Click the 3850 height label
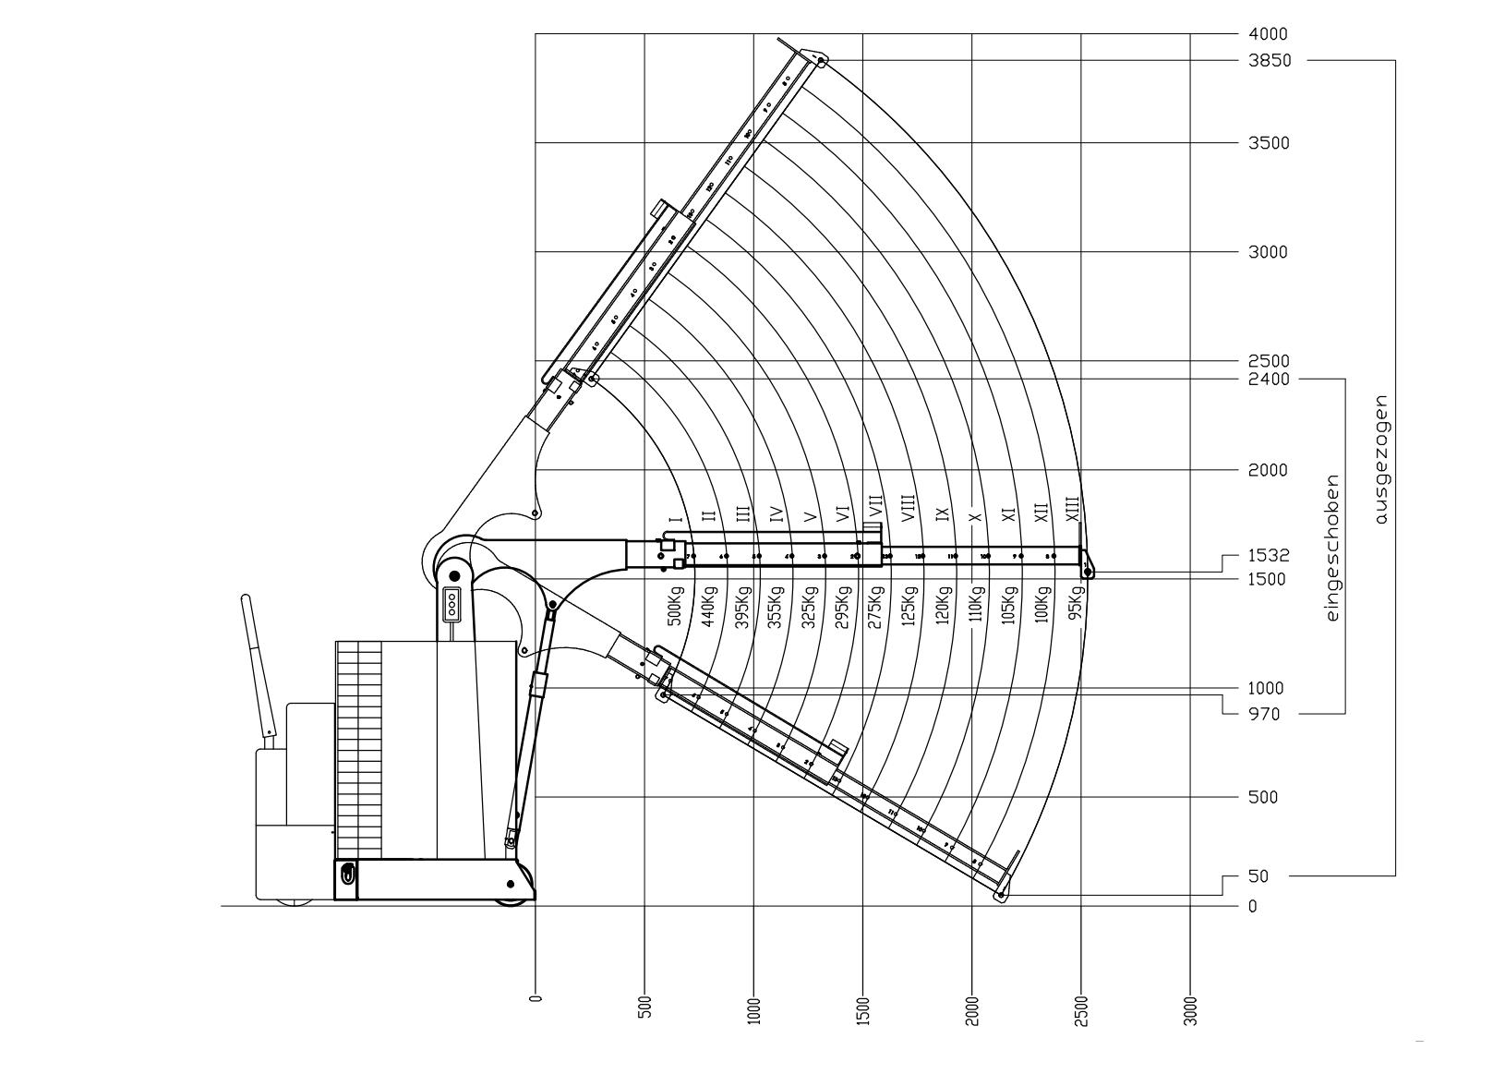[1270, 61]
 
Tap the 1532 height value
[1269, 556]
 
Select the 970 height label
[1263, 714]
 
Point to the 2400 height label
[1269, 379]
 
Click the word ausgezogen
[1381, 460]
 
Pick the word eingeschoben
[1331, 548]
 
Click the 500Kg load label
[674, 607]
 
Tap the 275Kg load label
[876, 607]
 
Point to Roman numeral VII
[875, 507]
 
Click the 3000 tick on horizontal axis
[1190, 1010]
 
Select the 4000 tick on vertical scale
[1268, 34]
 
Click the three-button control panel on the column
[452, 604]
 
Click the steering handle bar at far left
[258, 665]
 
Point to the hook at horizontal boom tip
[1089, 571]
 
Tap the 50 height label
[1258, 875]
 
